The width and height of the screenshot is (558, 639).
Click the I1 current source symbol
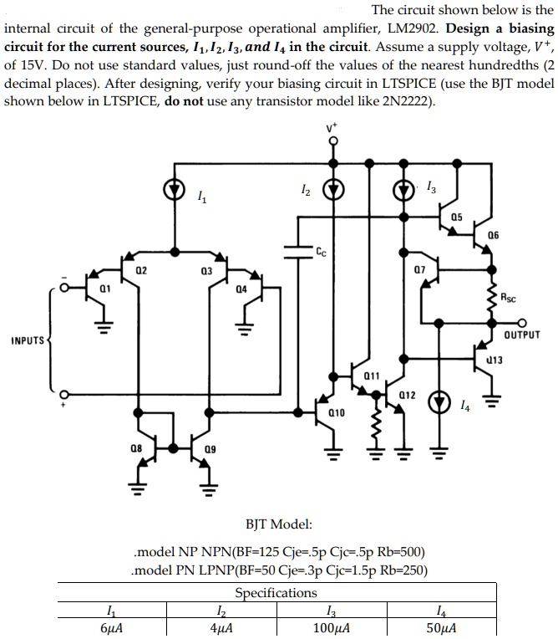click(x=175, y=190)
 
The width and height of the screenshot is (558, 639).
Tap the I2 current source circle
click(x=333, y=190)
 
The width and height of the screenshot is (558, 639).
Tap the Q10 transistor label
click(x=337, y=412)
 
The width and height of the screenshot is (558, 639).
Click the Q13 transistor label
click(x=494, y=360)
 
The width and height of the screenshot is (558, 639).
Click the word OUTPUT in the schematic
click(x=522, y=335)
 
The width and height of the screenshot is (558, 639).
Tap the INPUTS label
click(x=27, y=340)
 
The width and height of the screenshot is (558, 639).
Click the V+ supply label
click(x=332, y=128)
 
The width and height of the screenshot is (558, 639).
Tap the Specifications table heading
click(x=276, y=593)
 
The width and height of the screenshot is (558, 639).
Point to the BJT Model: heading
click(x=279, y=524)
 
